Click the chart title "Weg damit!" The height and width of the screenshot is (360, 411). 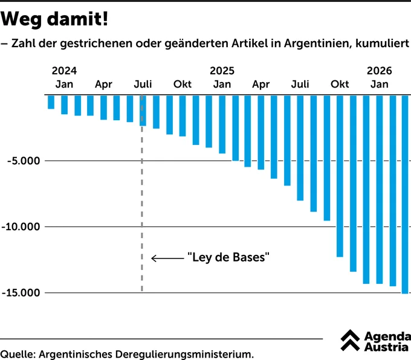(54, 19)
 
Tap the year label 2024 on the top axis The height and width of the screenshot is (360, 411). (64, 71)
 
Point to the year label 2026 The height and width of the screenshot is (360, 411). (380, 71)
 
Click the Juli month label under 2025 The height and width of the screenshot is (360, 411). (300, 84)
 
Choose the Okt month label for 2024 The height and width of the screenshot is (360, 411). (183, 84)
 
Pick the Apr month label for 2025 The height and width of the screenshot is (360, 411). (261, 85)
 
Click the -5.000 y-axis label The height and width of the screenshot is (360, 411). (24, 161)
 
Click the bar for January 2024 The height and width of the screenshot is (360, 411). (51, 102)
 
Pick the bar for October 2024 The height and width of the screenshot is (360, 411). (183, 116)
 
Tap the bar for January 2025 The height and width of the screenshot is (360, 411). (222, 124)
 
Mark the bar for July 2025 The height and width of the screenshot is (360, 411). (300, 148)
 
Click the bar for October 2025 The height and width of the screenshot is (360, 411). (340, 176)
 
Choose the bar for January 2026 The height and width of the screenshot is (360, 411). (380, 190)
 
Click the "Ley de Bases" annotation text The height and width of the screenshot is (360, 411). (228, 257)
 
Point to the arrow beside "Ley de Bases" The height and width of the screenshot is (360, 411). (168, 259)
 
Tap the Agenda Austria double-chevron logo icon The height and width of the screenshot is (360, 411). (350, 340)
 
